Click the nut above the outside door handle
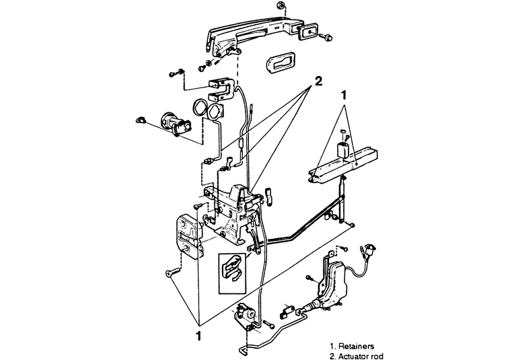click(279, 7)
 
